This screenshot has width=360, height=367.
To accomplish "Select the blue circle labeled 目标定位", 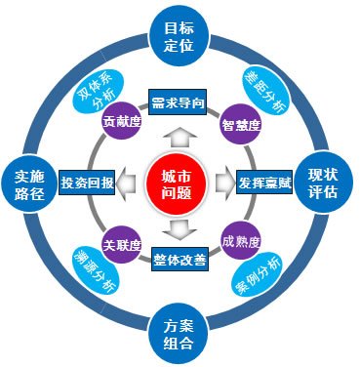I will [x=180, y=37].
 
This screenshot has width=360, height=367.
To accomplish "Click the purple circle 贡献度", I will [x=119, y=122].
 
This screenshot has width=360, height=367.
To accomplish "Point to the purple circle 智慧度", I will [x=239, y=122].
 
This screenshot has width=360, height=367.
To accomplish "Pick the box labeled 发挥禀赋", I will [x=262, y=182].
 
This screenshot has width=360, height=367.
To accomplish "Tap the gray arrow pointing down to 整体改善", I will [x=180, y=231].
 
